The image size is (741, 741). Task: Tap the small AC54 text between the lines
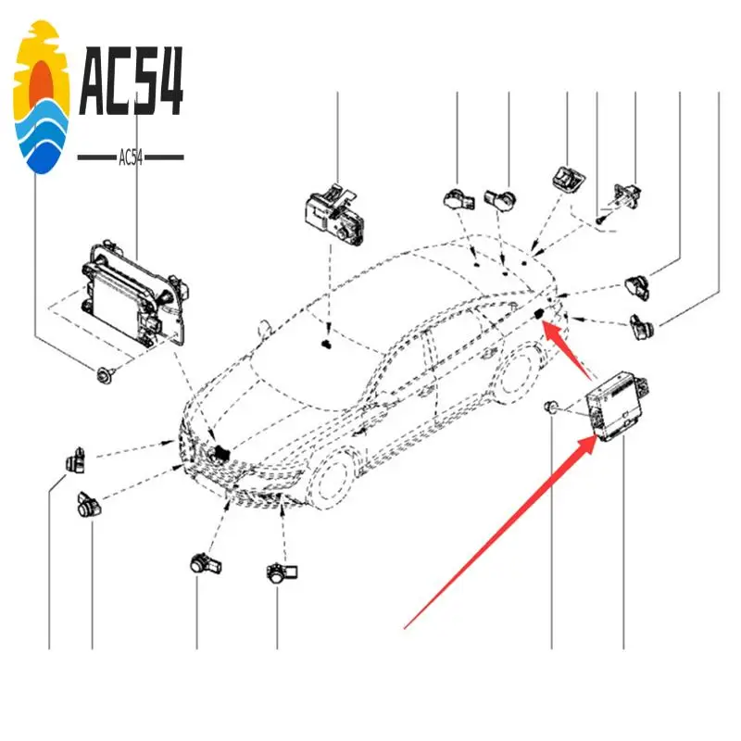click(131, 157)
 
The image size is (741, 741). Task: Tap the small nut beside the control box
click(552, 408)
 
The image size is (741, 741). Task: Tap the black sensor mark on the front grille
click(220, 453)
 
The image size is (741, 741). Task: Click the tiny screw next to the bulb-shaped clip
click(600, 219)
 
